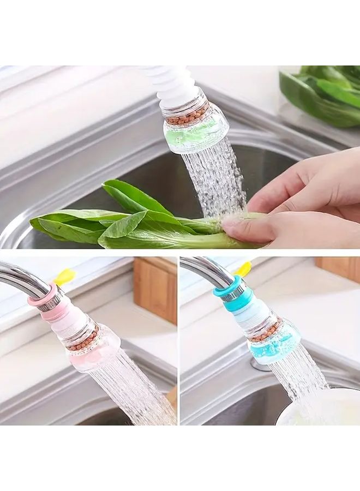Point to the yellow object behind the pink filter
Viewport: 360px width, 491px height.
pos(64,277)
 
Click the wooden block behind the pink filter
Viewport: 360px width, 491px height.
pos(155,289)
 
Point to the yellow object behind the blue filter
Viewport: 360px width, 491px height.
pos(243,268)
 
